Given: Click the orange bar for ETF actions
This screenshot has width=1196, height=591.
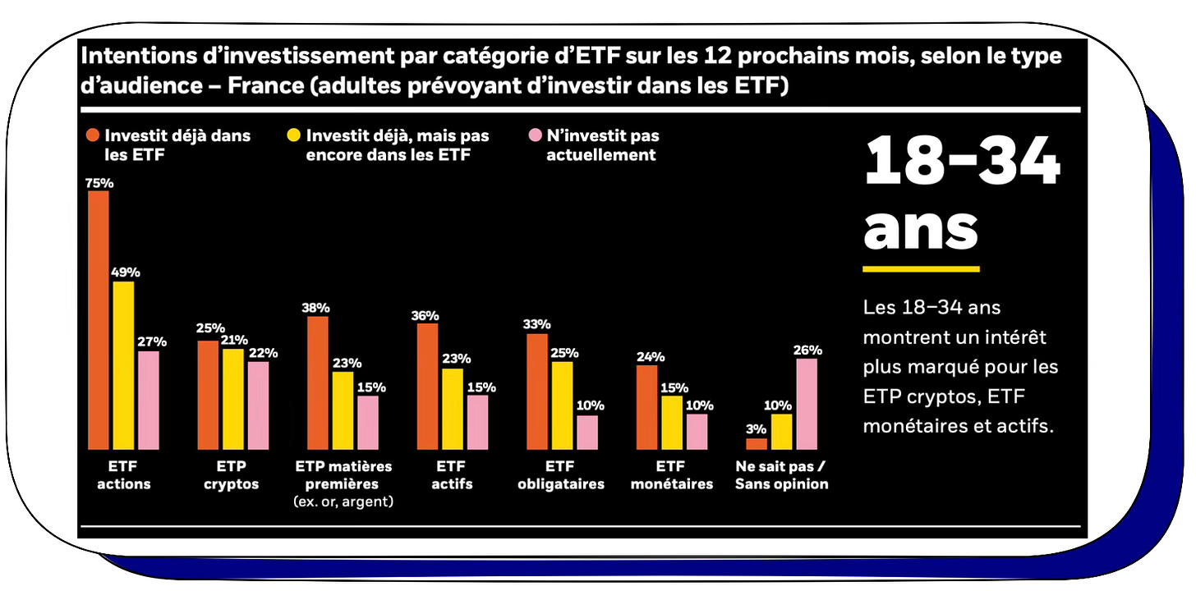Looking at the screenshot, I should [99, 320].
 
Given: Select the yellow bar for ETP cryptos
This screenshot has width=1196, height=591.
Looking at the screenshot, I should [233, 399].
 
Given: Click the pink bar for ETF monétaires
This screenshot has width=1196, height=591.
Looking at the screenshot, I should [697, 431].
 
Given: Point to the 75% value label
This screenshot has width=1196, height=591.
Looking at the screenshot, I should [99, 183].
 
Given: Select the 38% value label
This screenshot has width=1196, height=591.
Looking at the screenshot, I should [317, 308].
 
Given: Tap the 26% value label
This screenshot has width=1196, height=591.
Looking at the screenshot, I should [807, 350].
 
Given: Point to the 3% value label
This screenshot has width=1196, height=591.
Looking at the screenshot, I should [756, 428].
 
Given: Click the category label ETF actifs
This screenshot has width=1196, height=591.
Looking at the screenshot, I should [452, 474].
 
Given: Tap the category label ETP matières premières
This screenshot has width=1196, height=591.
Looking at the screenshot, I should [343, 474].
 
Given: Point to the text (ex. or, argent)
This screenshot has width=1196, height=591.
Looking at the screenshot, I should [343, 502].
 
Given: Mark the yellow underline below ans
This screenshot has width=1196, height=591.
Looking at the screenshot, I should [921, 268].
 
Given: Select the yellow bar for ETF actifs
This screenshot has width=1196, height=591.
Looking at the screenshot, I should [453, 409].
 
